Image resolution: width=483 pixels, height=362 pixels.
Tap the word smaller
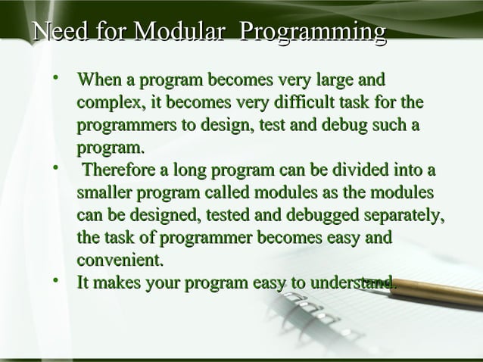tap(105, 192)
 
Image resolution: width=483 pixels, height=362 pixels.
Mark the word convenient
tap(120, 261)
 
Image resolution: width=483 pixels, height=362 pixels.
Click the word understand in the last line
tap(353, 283)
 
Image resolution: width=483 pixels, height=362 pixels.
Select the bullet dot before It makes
tap(56, 282)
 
